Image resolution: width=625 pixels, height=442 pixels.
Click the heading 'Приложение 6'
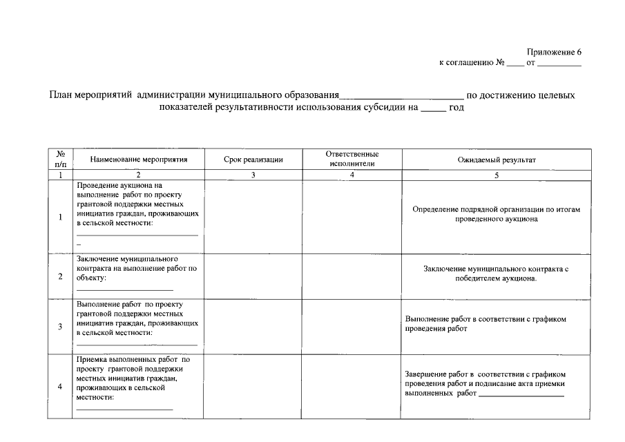pyautogui.click(x=554, y=52)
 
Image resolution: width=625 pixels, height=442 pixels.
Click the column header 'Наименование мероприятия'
pyautogui.click(x=138, y=160)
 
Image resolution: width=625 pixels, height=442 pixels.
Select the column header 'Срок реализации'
pyautogui.click(x=253, y=160)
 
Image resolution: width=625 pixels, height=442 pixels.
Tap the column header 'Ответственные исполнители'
pyautogui.click(x=352, y=159)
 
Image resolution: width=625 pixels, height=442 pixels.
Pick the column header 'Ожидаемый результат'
pyautogui.click(x=496, y=160)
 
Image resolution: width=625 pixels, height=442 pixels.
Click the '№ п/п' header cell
pyautogui.click(x=60, y=159)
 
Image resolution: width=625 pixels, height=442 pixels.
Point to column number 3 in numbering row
pyautogui.click(x=253, y=175)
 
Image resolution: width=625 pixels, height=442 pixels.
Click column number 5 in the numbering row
pyautogui.click(x=496, y=175)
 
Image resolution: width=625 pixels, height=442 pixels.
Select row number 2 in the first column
pyautogui.click(x=60, y=276)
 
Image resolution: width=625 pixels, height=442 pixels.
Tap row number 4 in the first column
pyautogui.click(x=60, y=386)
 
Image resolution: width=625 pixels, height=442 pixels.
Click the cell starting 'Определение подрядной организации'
pyautogui.click(x=496, y=213)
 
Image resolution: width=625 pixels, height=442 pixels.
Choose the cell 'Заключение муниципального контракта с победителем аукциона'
pyautogui.click(x=496, y=273)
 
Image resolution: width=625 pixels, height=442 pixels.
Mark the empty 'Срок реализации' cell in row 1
pyautogui.click(x=253, y=217)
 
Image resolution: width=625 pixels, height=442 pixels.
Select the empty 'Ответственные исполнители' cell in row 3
pyautogui.click(x=352, y=326)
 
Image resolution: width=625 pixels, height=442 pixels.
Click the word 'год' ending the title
pyautogui.click(x=456, y=108)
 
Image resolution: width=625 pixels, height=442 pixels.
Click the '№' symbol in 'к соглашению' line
pyautogui.click(x=500, y=63)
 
